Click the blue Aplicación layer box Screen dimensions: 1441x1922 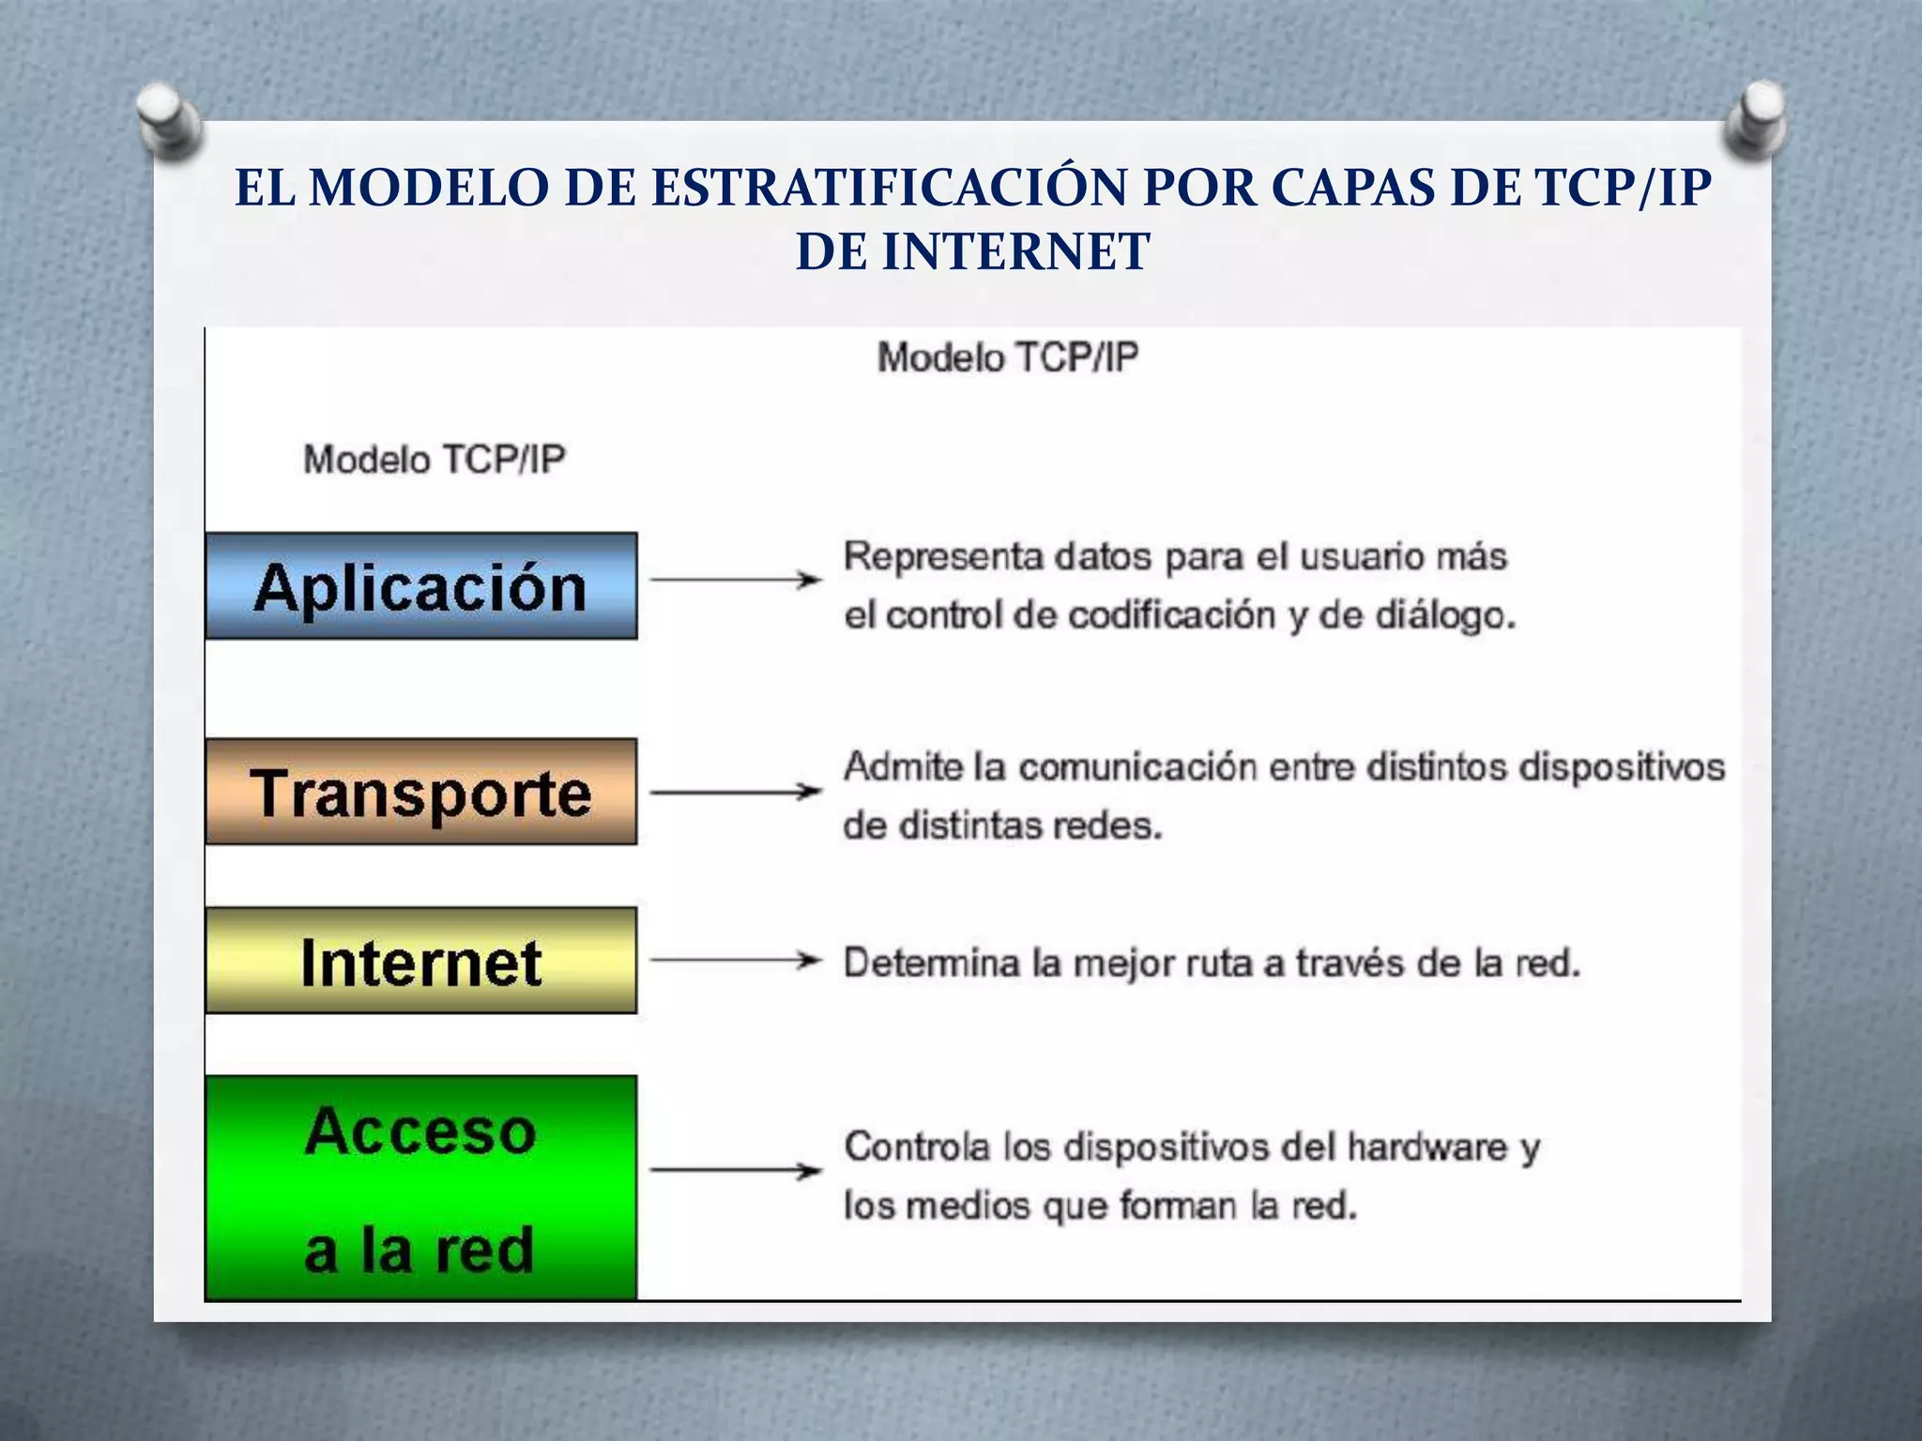(420, 586)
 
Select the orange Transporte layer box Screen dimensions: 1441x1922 (420, 792)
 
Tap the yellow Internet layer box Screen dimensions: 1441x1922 (420, 961)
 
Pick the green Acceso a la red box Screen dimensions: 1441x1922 (420, 1188)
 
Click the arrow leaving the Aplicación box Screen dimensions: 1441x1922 (736, 580)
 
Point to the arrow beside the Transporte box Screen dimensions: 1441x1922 (736, 792)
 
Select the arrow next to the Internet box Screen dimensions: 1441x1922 (736, 960)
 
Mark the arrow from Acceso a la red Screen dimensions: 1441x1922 (736, 1170)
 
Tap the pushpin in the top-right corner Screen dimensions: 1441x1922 (1756, 117)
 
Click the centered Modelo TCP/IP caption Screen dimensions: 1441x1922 (1008, 357)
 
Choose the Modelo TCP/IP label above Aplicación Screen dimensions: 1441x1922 (435, 460)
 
